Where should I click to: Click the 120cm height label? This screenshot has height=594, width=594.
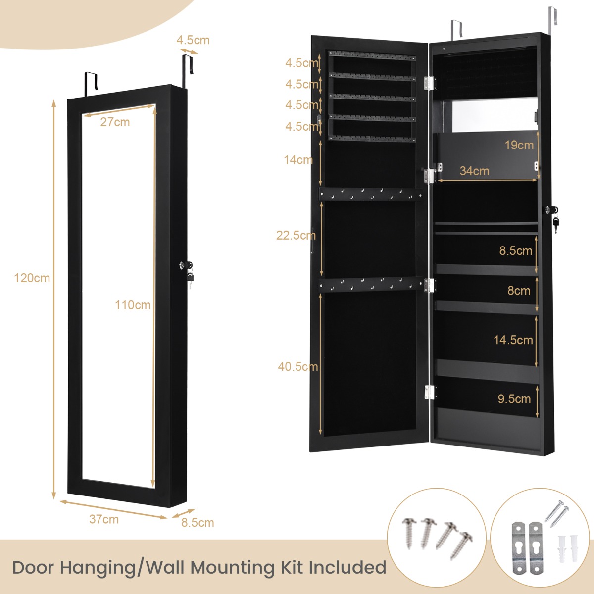click(x=32, y=278)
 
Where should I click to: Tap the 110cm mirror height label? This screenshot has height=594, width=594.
click(x=133, y=305)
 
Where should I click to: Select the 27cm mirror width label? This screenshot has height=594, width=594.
click(x=115, y=122)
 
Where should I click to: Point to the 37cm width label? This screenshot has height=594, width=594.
click(x=104, y=519)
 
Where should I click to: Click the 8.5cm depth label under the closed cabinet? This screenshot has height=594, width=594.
click(x=198, y=523)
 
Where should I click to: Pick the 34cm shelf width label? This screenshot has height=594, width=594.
click(x=474, y=171)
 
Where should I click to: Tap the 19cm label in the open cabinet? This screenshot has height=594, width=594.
click(x=519, y=145)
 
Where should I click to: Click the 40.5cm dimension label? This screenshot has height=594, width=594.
click(x=297, y=367)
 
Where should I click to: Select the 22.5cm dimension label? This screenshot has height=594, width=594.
click(x=296, y=235)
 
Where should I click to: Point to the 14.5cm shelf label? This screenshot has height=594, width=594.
click(x=513, y=340)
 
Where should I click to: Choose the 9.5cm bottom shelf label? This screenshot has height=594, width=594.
click(x=514, y=399)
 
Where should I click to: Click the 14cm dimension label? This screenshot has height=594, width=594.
click(x=297, y=160)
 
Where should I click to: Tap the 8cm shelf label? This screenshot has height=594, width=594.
click(x=518, y=291)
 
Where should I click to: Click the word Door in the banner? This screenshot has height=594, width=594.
click(x=33, y=567)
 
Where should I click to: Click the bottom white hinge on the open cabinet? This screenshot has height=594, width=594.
click(x=429, y=393)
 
